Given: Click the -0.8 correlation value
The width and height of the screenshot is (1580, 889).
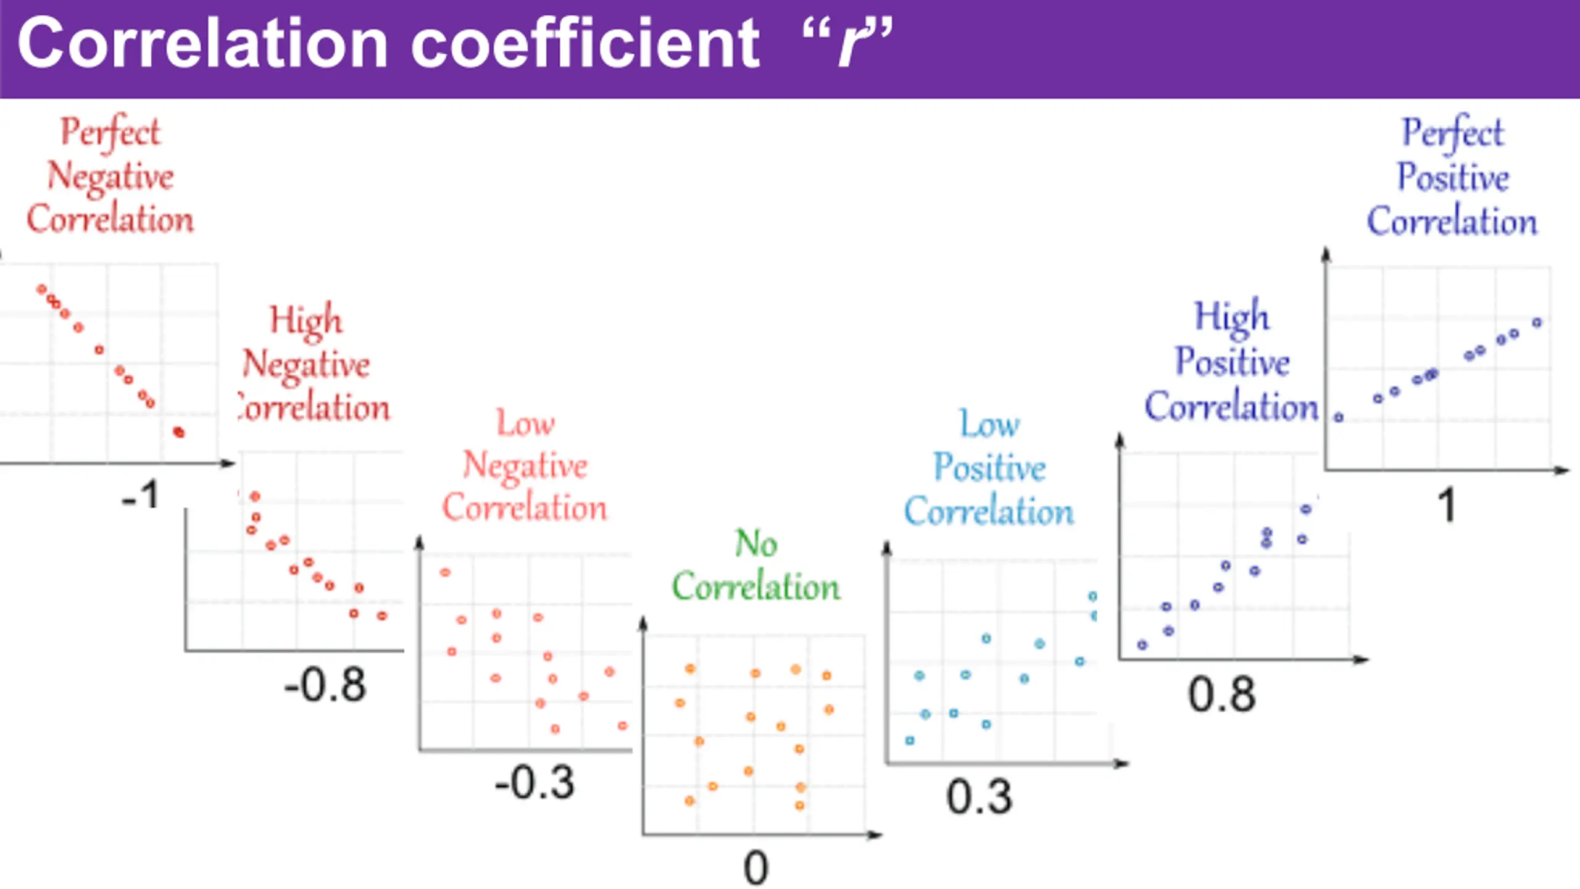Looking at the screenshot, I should (325, 685).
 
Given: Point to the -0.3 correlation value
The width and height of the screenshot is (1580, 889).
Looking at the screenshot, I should (534, 783).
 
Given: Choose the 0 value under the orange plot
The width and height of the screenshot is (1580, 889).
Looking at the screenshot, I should (755, 868).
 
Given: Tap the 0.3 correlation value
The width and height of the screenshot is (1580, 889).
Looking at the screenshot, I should (979, 797).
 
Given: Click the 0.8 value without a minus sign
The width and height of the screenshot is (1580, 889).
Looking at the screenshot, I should (1222, 695).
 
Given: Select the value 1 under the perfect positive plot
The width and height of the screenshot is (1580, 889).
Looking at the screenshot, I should (1447, 505).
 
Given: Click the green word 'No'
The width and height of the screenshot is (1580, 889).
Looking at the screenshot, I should (756, 544).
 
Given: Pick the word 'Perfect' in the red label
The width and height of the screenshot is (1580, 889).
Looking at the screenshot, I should (110, 132).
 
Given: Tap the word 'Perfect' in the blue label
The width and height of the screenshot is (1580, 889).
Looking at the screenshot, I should (1453, 133).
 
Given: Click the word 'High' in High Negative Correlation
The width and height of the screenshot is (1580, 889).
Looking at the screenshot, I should (306, 320).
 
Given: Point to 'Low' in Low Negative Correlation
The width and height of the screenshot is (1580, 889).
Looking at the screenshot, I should (526, 424).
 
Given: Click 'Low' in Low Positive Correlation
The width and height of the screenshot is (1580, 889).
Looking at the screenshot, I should (990, 425).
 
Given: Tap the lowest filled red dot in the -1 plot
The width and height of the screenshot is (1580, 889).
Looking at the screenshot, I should (179, 432).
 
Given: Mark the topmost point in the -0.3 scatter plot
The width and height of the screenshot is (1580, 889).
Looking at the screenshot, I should (445, 572).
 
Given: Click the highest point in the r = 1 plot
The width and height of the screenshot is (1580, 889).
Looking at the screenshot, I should (1537, 322).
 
